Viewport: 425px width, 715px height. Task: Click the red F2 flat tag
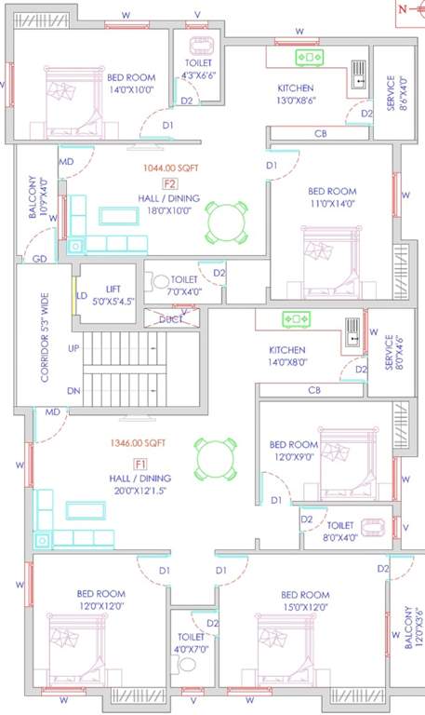pyautogui.click(x=170, y=183)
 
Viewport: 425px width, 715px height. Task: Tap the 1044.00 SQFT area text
pyautogui.click(x=169, y=169)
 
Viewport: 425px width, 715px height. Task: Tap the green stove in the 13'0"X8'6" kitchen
pyautogui.click(x=308, y=58)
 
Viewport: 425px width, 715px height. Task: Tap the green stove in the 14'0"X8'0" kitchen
pyautogui.click(x=296, y=320)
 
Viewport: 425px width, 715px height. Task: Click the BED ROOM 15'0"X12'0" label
pyautogui.click(x=305, y=600)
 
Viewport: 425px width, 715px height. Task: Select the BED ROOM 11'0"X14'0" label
pyautogui.click(x=332, y=197)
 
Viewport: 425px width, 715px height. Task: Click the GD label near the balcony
pyautogui.click(x=40, y=260)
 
